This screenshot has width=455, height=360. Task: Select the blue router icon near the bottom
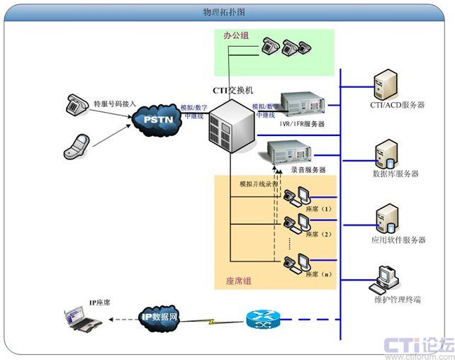point(264,320)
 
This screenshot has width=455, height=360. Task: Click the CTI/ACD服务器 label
point(397,105)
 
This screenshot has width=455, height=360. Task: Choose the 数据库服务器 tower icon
point(386,151)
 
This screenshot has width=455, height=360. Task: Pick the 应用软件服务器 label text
point(398,240)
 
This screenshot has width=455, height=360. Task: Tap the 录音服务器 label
point(308,170)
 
